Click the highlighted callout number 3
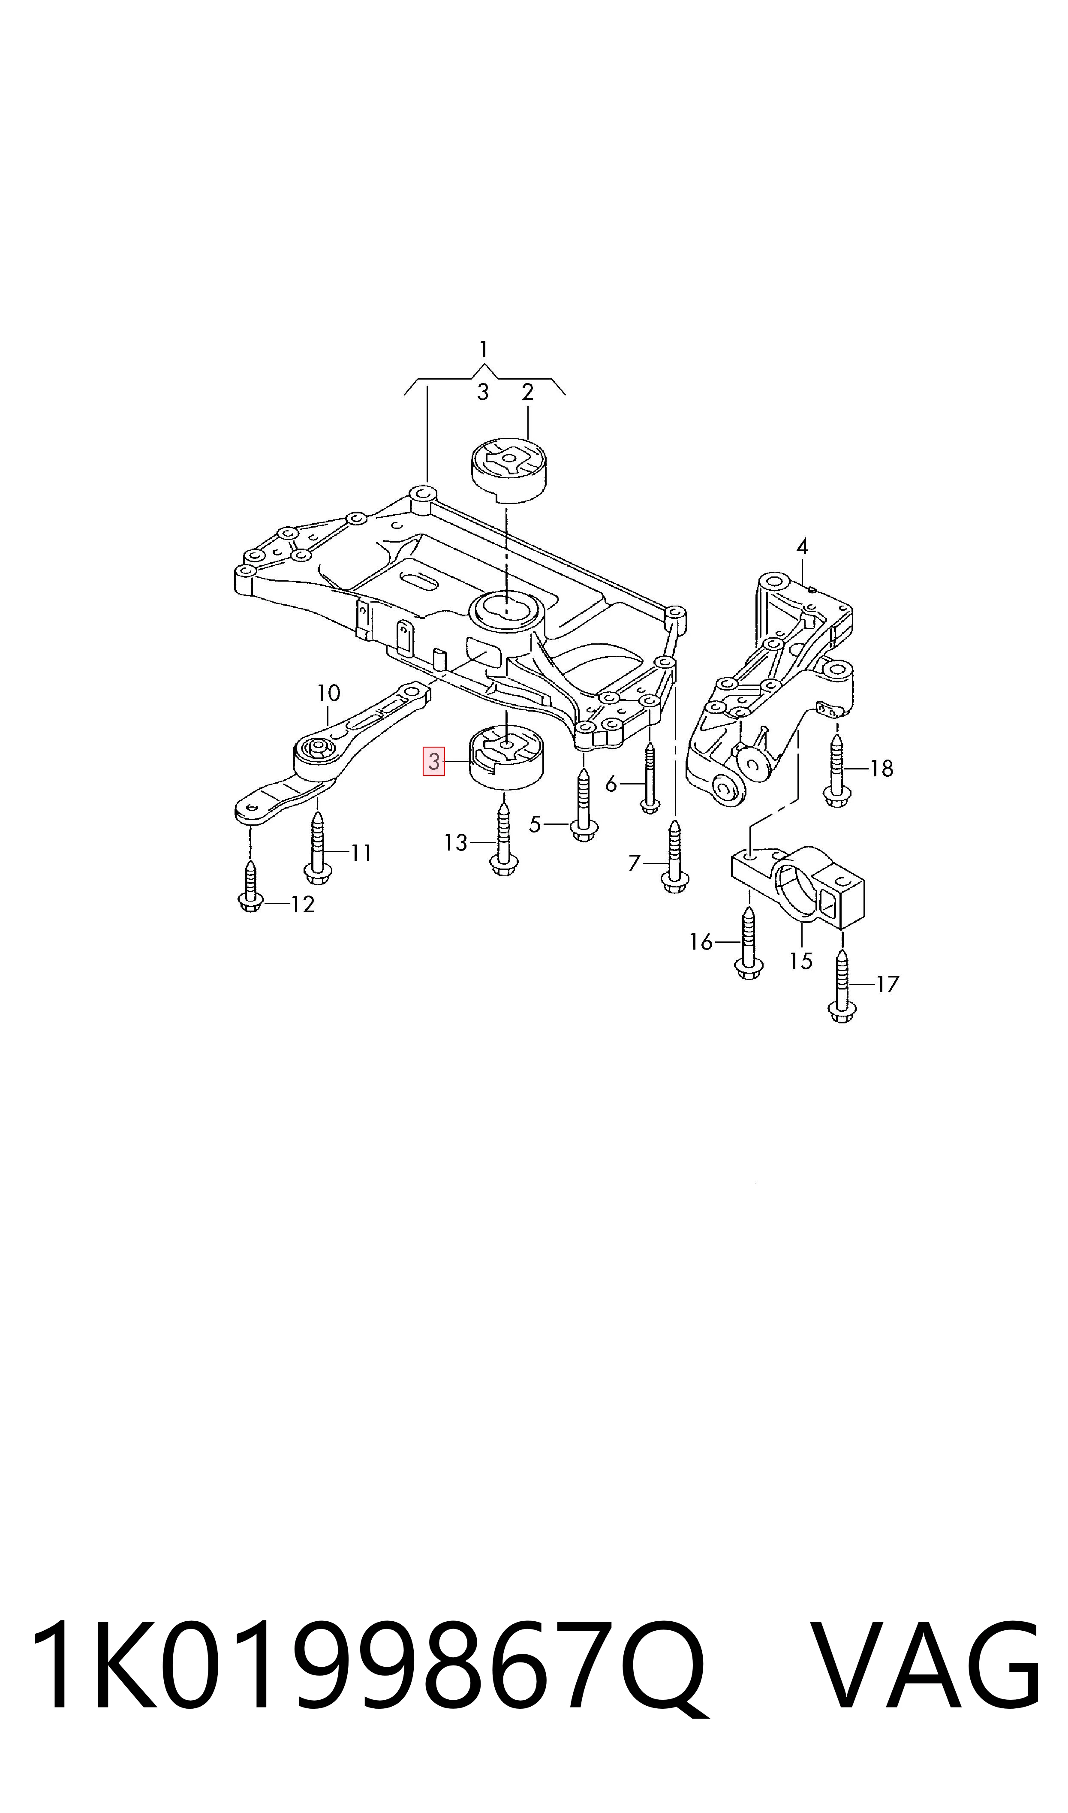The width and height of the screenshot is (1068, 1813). pyautogui.click(x=434, y=761)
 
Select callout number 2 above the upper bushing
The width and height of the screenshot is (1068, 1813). pyautogui.click(x=527, y=392)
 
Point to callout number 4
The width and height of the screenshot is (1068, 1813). pyautogui.click(x=802, y=546)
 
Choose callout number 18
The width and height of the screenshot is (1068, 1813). pyautogui.click(x=881, y=769)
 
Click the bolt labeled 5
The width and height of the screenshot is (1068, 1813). pyautogui.click(x=583, y=806)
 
